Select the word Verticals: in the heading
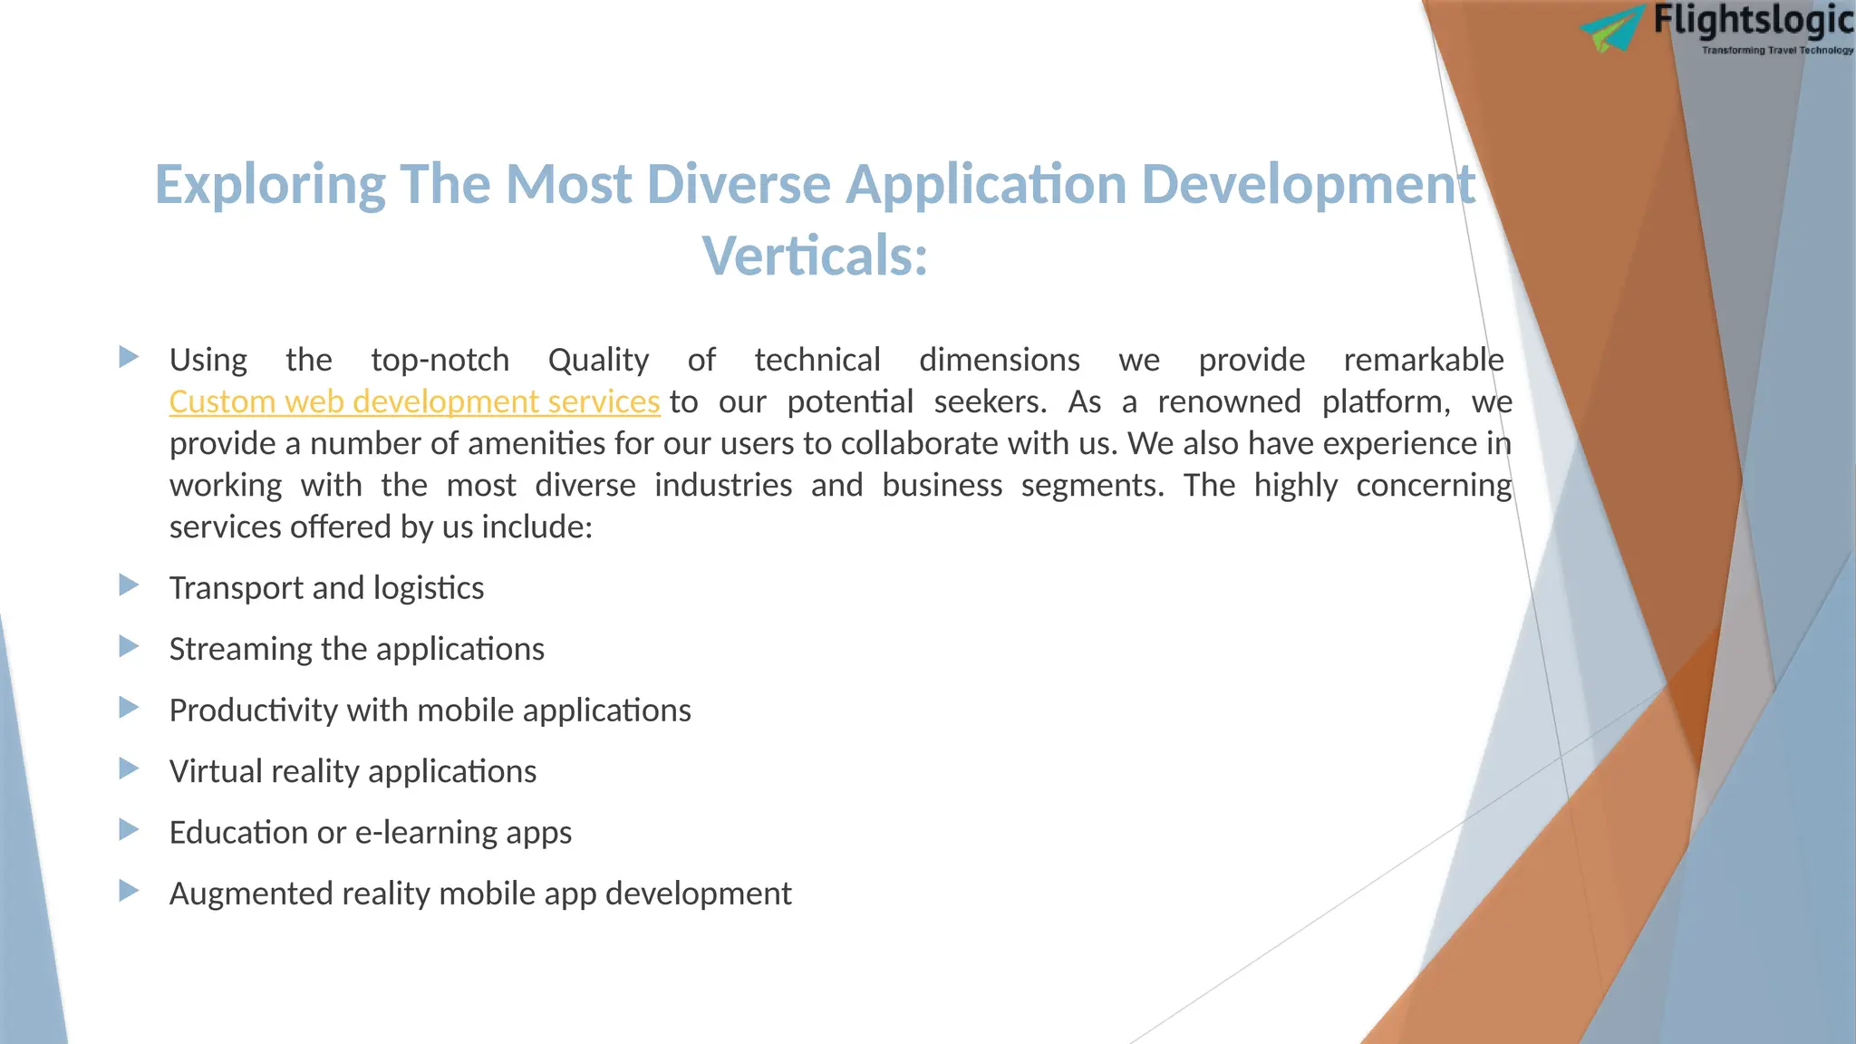(815, 256)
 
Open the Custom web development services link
(414, 401)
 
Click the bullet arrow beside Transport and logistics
(129, 585)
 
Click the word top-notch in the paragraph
(440, 361)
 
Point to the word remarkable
(1423, 361)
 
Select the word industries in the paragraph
(722, 486)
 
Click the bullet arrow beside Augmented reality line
(129, 891)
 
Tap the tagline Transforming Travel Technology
(1777, 51)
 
